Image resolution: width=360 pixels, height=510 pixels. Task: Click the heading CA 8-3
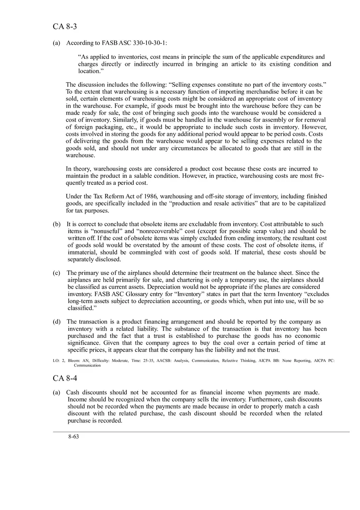(65, 27)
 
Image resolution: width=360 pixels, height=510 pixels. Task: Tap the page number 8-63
(74, 437)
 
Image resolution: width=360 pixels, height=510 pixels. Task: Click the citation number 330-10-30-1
(149, 43)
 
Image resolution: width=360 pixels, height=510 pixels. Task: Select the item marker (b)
(56, 224)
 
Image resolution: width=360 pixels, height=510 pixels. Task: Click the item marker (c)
(56, 273)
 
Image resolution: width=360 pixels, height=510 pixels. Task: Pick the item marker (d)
(56, 321)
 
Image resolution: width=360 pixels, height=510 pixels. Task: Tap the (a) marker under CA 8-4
(56, 392)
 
